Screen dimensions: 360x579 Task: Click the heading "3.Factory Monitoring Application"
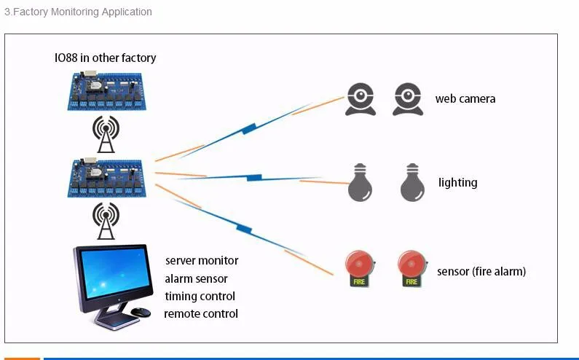click(x=78, y=12)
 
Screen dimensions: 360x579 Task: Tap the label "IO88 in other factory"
click(x=106, y=58)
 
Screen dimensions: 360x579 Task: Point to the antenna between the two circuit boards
click(x=106, y=135)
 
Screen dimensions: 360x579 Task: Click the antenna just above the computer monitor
click(x=106, y=221)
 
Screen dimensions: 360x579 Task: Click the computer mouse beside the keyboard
click(x=141, y=313)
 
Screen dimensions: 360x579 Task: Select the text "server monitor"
click(x=202, y=261)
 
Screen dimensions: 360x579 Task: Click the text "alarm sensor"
click(x=196, y=279)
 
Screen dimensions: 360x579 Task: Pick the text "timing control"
click(x=200, y=297)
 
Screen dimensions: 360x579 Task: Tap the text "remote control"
click(x=201, y=314)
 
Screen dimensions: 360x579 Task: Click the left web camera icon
click(x=361, y=100)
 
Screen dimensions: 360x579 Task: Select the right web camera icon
click(x=408, y=100)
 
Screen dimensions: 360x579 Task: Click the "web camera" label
click(x=465, y=99)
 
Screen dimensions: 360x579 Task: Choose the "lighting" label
click(x=458, y=182)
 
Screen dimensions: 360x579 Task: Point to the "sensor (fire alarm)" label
click(x=481, y=272)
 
